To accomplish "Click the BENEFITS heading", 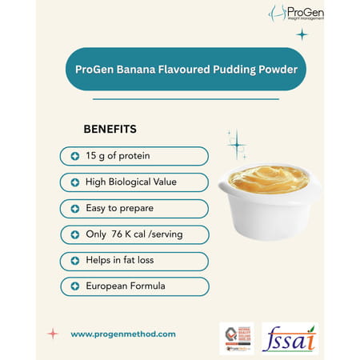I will pyautogui.click(x=110, y=129).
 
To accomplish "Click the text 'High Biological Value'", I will pyautogui.click(x=130, y=182).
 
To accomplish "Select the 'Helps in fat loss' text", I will pyautogui.click(x=121, y=261).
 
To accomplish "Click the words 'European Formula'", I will pyautogui.click(x=123, y=286).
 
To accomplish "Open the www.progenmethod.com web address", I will pyautogui.click(x=123, y=334).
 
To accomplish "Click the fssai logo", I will pyautogui.click(x=290, y=338).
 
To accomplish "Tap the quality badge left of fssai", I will pyautogui.click(x=236, y=338).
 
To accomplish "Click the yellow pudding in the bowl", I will pyautogui.click(x=268, y=177).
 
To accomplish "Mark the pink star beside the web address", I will pyautogui.click(x=52, y=334).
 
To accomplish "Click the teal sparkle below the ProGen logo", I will pyautogui.click(x=302, y=34).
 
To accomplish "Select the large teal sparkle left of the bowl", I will pyautogui.click(x=236, y=145).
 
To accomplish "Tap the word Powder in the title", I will pyautogui.click(x=277, y=69).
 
